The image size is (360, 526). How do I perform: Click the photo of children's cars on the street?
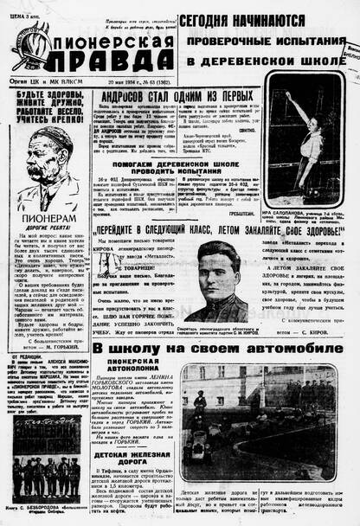[x=258, y=421]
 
